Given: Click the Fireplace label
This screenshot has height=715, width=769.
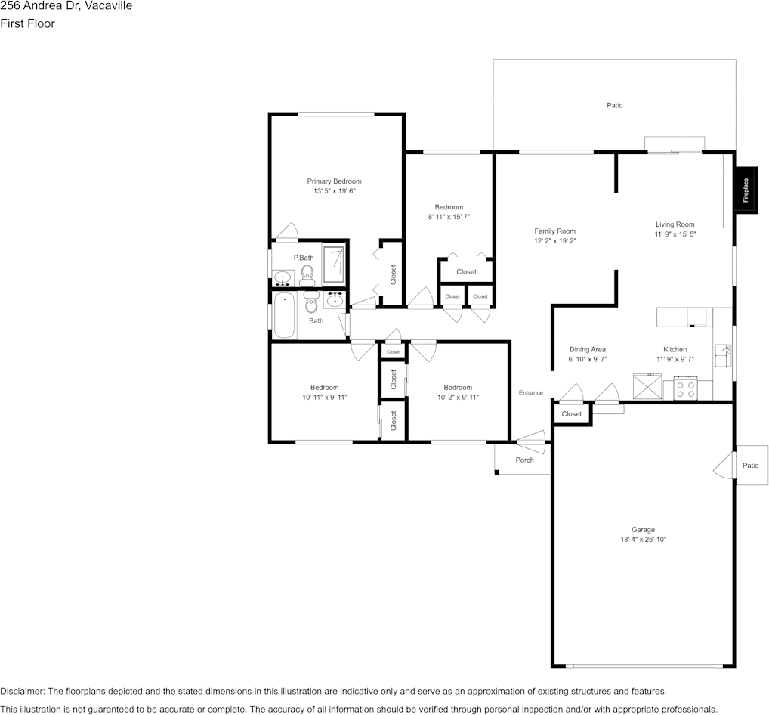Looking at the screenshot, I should pyautogui.click(x=746, y=190).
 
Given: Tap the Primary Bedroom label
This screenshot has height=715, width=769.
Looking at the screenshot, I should pyautogui.click(x=334, y=181).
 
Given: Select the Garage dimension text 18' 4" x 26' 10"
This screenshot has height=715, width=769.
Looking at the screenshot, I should pyautogui.click(x=644, y=540).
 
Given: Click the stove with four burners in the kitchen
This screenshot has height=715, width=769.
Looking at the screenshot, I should pyautogui.click(x=686, y=389).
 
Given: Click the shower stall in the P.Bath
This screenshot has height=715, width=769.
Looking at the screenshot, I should pyautogui.click(x=333, y=262).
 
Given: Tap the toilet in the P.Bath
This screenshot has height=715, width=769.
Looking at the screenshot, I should pyautogui.click(x=307, y=274).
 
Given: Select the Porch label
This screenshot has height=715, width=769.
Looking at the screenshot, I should pyautogui.click(x=524, y=460).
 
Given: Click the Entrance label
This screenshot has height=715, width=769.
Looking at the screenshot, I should pyautogui.click(x=530, y=392).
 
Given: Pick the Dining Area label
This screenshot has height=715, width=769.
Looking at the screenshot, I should pyautogui.click(x=587, y=350).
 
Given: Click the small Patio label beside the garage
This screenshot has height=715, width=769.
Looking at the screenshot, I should pyautogui.click(x=750, y=466).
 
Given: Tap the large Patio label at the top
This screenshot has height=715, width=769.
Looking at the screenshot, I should pyautogui.click(x=615, y=106).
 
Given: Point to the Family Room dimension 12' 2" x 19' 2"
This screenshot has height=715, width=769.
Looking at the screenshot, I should pyautogui.click(x=555, y=241).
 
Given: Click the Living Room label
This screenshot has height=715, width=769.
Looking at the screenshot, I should pyautogui.click(x=675, y=224).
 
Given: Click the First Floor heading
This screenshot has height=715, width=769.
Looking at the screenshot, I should pyautogui.click(x=27, y=23).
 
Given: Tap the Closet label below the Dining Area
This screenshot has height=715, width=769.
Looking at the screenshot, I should pyautogui.click(x=572, y=414).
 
